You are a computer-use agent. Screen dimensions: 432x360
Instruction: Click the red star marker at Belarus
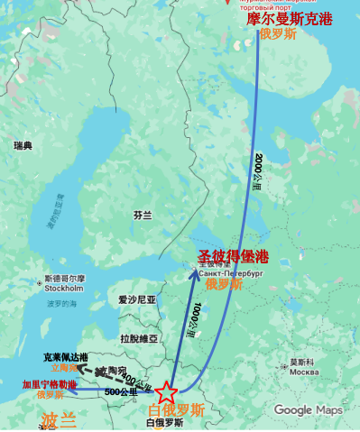[x=166, y=393]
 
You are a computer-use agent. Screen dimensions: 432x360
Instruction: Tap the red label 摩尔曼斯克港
[x=286, y=19]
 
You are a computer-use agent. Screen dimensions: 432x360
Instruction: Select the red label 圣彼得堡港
[x=233, y=256]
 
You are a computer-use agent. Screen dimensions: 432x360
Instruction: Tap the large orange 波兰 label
[x=60, y=418]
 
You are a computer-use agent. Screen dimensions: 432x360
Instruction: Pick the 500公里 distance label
[x=121, y=392]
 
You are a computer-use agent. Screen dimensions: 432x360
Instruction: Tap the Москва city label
[x=303, y=372]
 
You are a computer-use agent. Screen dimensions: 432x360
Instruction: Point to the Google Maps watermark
[x=308, y=410]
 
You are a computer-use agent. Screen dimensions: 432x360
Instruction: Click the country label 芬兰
[x=143, y=216]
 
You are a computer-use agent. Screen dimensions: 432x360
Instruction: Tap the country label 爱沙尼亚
[x=138, y=299]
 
